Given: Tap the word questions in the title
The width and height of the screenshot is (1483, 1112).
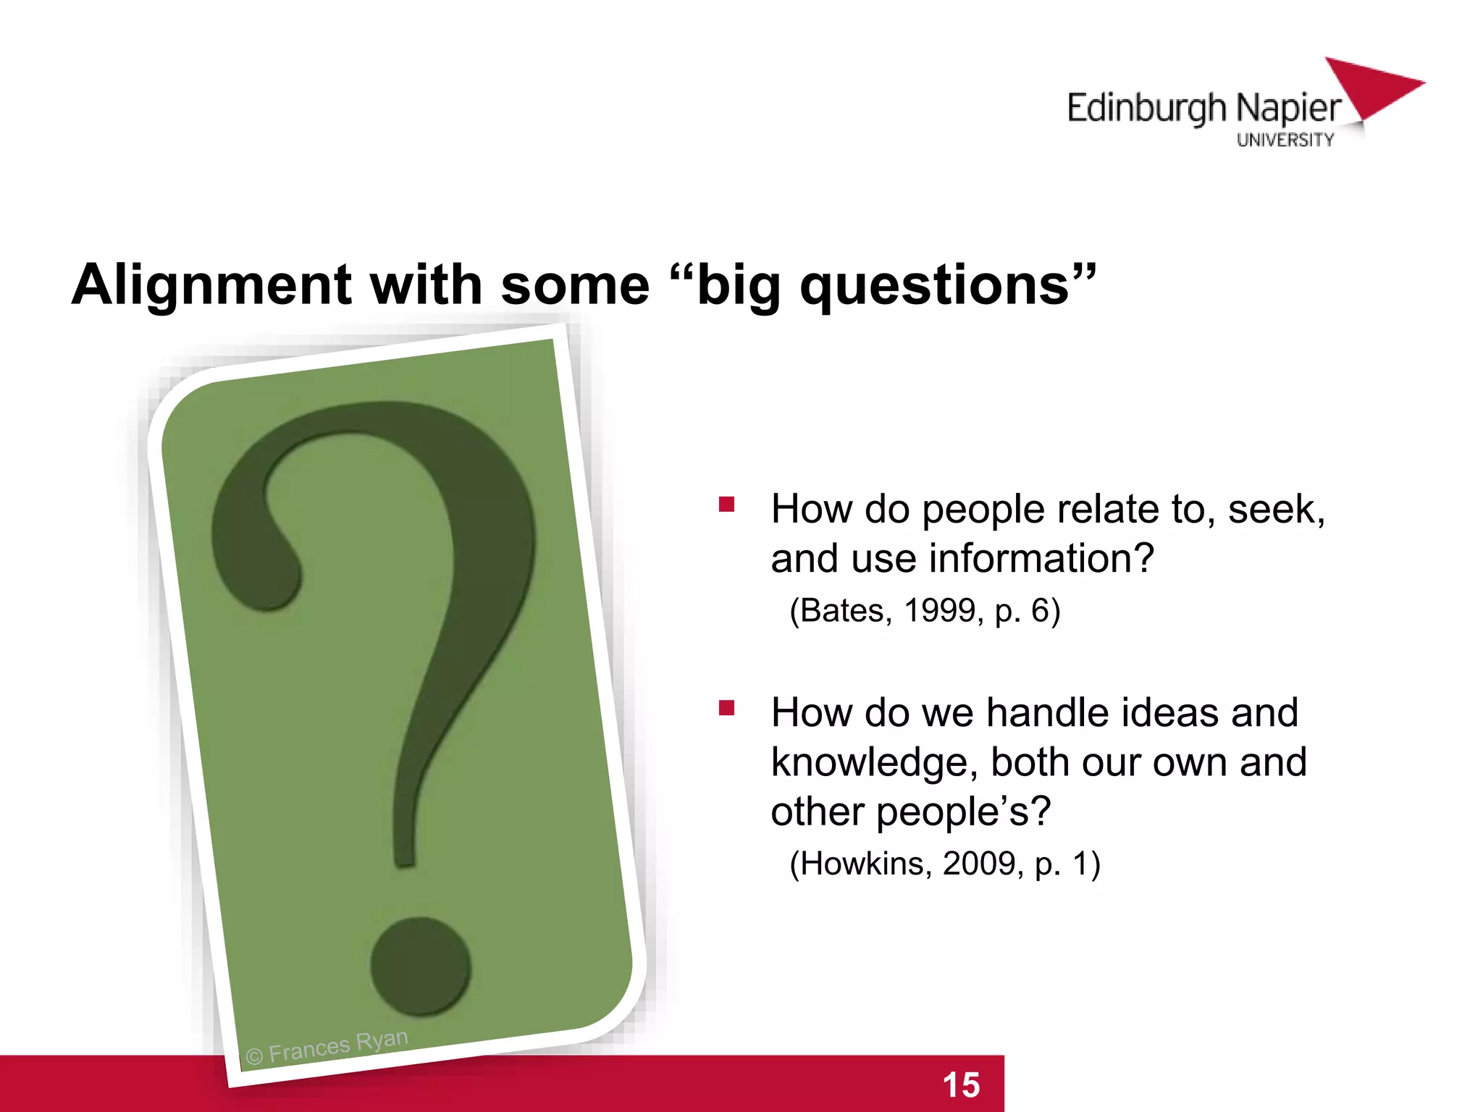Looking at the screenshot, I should point(934,285).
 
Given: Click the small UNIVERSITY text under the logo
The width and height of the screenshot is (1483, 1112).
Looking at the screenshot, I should point(1285,140).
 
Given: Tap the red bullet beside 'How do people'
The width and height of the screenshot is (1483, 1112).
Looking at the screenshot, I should point(726,504).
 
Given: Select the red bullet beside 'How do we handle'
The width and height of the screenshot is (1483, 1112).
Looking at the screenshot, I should point(726,707).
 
